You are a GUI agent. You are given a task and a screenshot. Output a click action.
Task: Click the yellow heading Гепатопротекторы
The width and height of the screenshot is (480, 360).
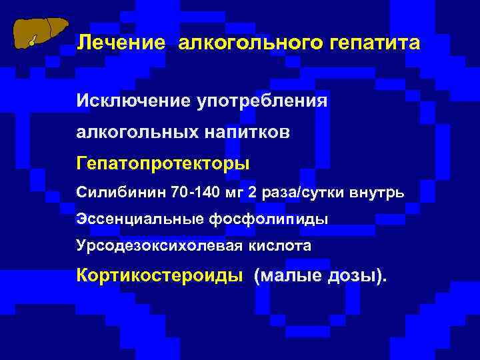163,162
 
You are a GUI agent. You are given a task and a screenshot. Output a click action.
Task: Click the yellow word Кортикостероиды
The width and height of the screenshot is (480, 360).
160,275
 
